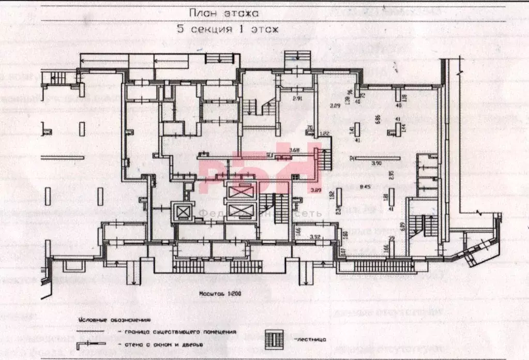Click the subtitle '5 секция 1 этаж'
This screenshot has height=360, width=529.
[x=228, y=29]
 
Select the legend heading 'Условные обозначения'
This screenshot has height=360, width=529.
[x=114, y=321]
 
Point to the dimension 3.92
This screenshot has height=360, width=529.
[x=316, y=237]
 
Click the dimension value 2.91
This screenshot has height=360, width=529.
[x=297, y=98]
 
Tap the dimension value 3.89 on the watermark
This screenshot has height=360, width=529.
[x=316, y=190]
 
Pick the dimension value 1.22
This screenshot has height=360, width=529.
[x=324, y=133]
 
